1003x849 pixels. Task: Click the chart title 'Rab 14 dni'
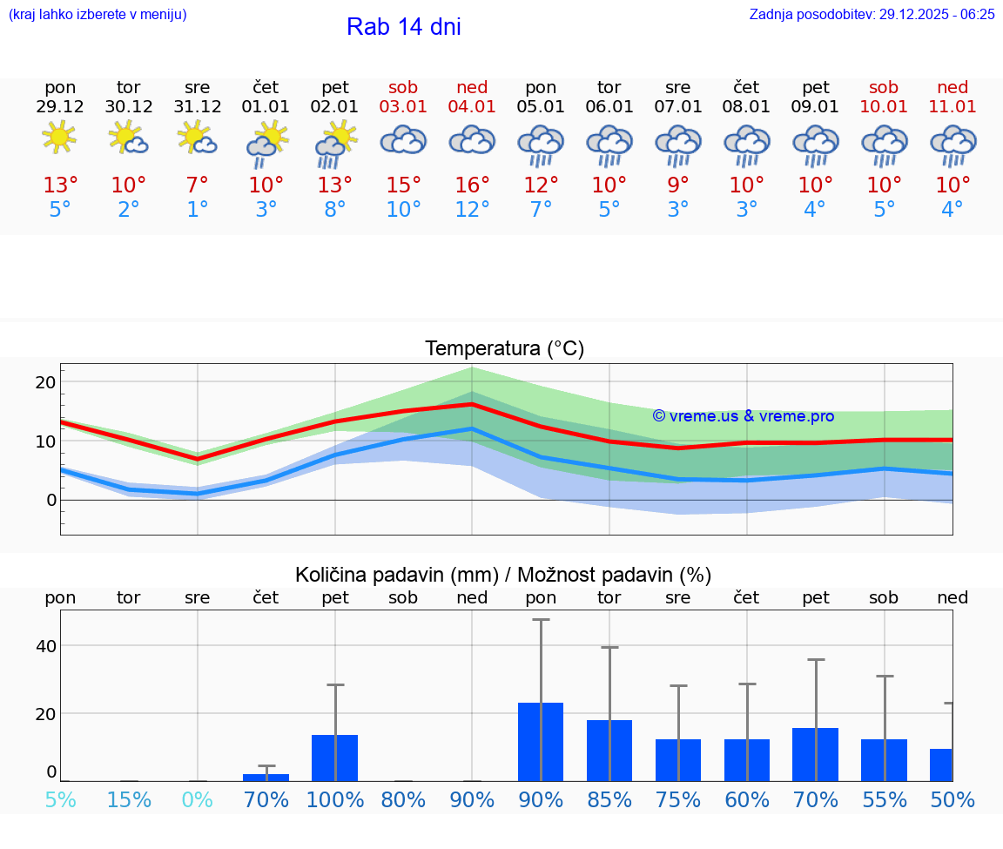point(403,27)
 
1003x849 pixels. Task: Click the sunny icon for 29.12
point(59,138)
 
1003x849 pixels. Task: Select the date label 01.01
point(266,107)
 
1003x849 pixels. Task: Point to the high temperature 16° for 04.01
point(471,185)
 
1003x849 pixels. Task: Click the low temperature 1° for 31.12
point(198,210)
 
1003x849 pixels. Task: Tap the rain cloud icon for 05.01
point(541,145)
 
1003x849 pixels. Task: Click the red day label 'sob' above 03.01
point(403,87)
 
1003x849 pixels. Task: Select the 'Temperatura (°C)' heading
point(504,349)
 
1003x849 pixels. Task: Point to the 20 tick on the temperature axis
point(45,382)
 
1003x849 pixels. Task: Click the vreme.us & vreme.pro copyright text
point(743,416)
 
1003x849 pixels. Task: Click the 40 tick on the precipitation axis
point(45,646)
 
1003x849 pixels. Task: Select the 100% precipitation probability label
point(334,800)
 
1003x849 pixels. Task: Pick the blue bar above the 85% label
point(609,751)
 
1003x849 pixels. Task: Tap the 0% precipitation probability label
point(198,800)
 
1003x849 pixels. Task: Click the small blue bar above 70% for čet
point(266,777)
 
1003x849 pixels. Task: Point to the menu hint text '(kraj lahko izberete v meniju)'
point(97,14)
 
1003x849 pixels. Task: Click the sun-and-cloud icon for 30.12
point(128,138)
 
